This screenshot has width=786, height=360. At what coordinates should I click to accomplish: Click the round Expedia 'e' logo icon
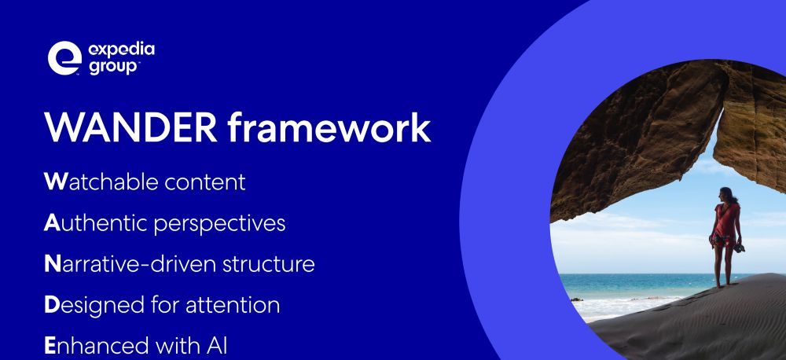(x=64, y=57)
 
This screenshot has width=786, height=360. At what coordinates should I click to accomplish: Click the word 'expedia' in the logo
(x=121, y=50)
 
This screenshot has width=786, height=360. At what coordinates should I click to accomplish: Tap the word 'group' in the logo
(x=114, y=67)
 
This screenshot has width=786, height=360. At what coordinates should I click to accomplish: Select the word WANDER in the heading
(x=130, y=127)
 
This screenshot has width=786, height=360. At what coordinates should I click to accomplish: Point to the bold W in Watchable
(x=55, y=182)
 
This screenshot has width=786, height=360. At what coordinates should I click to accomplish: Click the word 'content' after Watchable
(x=205, y=182)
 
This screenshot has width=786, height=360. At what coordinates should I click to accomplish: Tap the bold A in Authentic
(x=52, y=222)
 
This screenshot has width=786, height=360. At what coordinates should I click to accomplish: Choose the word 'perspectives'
(x=219, y=224)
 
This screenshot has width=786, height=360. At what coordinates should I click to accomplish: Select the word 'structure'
(x=268, y=264)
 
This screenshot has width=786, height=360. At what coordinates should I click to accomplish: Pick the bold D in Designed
(x=52, y=305)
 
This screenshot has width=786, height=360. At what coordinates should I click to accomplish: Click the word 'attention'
(x=233, y=305)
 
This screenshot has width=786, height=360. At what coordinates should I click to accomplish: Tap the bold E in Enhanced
(x=50, y=346)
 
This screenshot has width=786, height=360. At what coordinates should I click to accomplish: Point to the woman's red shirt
(x=725, y=219)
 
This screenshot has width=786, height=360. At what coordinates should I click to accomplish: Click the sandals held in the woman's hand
(x=739, y=248)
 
